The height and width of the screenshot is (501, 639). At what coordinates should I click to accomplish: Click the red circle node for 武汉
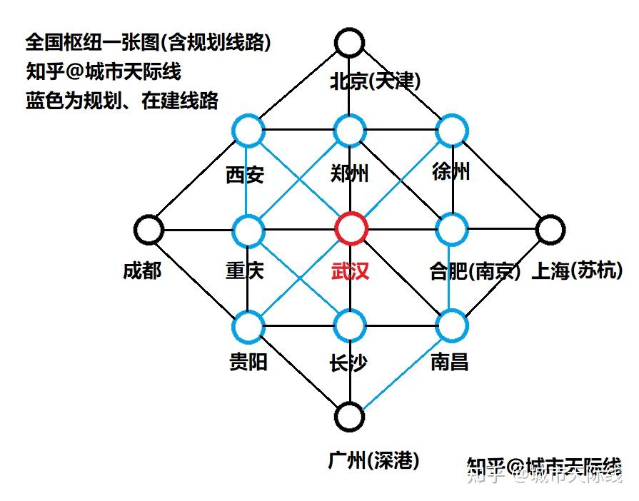351,229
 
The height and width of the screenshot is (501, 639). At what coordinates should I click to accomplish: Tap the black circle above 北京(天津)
349,42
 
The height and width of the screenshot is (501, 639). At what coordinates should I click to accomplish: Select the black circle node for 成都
149,229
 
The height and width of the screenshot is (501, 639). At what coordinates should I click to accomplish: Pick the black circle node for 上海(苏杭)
550,229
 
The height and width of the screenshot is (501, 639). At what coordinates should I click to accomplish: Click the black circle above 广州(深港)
349,416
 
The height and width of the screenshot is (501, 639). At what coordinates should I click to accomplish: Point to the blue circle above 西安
248,131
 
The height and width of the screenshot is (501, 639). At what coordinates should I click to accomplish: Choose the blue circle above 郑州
350,131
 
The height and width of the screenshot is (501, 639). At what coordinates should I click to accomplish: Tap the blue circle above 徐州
451,131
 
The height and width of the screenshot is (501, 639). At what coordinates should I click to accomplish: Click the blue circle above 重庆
248,229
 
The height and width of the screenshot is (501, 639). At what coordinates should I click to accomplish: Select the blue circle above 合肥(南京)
451,229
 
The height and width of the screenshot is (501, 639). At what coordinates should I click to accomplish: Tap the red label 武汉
350,270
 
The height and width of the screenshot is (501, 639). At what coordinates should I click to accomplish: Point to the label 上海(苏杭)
577,270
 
